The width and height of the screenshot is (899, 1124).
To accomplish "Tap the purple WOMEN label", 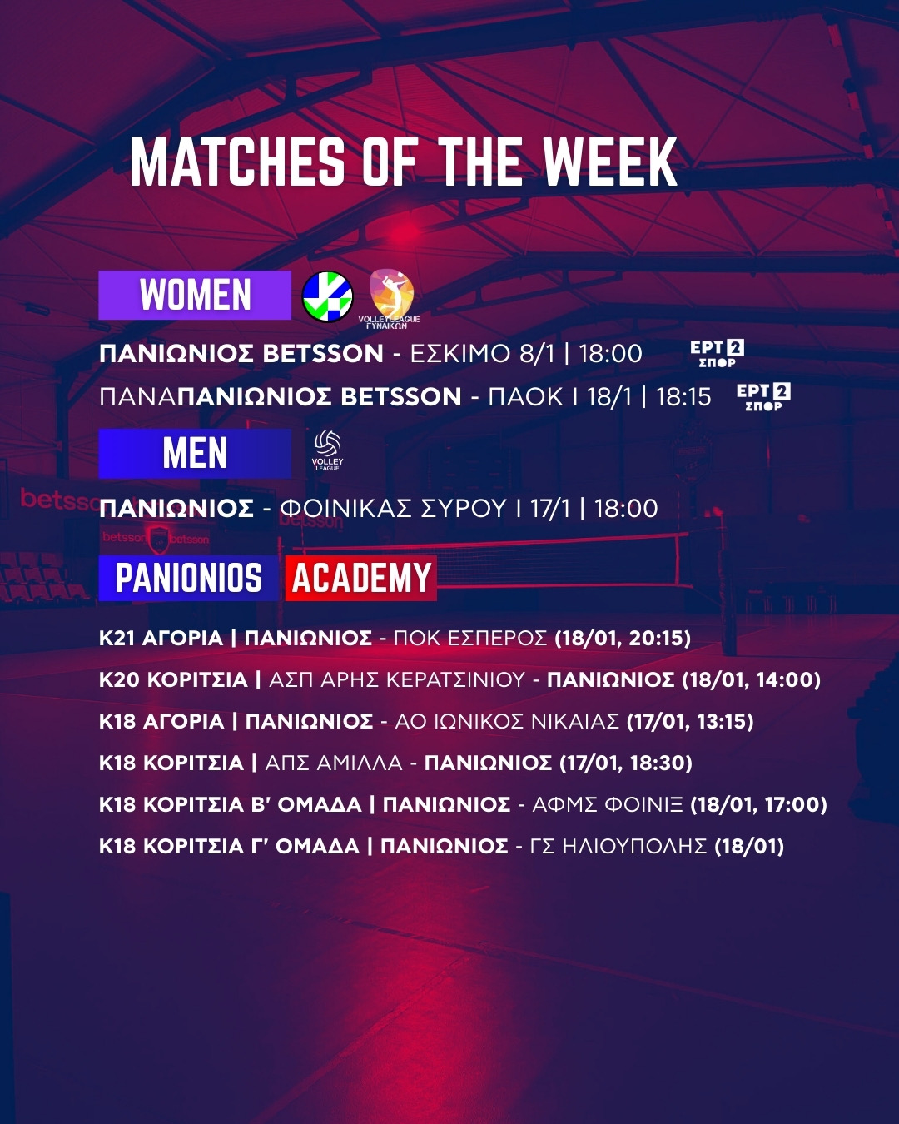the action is tap(195, 295).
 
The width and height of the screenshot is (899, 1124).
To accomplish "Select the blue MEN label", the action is tap(195, 454).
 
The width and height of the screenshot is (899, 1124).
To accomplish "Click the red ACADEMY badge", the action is tap(361, 578).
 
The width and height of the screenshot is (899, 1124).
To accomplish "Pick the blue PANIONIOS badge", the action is tap(188, 578).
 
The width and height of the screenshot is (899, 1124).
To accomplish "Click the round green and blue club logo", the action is tap(327, 296).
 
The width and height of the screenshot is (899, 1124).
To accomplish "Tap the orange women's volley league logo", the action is tap(390, 298).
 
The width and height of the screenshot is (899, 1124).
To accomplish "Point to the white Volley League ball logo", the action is tap(327, 450).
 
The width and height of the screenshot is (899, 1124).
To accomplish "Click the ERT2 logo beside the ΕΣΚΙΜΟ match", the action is tap(718, 354).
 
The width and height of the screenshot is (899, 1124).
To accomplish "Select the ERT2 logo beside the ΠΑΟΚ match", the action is tap(763, 397).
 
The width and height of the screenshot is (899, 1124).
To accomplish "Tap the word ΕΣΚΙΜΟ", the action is tap(460, 354).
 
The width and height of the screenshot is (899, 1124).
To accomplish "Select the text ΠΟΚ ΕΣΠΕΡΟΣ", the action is tap(470, 639).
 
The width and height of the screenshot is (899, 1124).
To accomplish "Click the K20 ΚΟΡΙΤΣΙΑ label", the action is tap(173, 680).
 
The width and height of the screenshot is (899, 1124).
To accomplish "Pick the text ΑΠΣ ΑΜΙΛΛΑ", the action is tap(334, 763).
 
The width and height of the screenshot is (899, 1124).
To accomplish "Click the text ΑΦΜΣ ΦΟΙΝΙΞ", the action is tap(608, 804).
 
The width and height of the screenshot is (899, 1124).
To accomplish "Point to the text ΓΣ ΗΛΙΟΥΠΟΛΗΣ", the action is tap(618, 846).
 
